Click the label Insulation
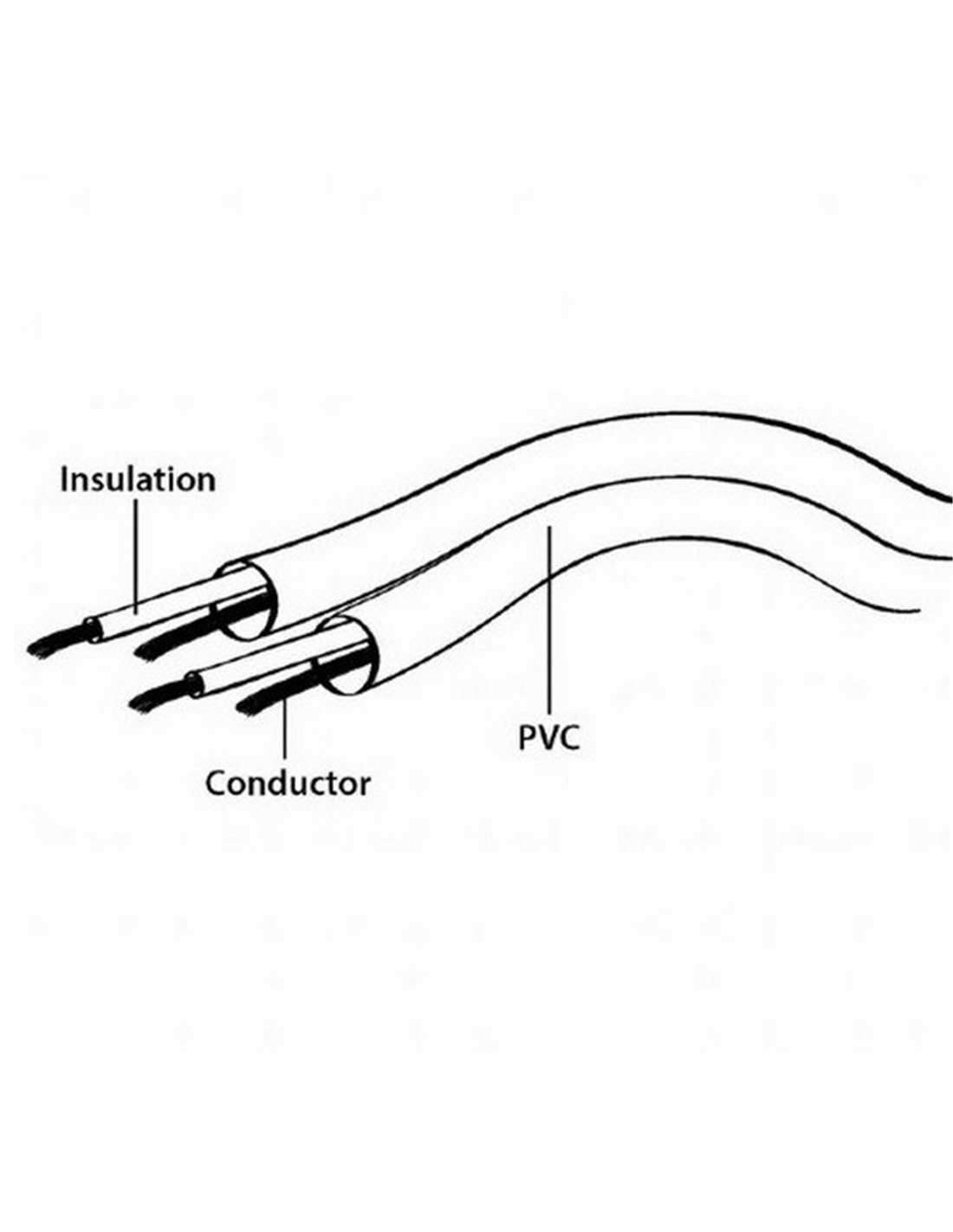(138, 480)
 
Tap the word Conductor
(288, 783)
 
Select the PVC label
(548, 737)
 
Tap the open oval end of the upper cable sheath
(249, 601)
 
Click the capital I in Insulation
(65, 480)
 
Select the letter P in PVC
(528, 737)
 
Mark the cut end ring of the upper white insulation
(92, 628)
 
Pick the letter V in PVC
(548, 737)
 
